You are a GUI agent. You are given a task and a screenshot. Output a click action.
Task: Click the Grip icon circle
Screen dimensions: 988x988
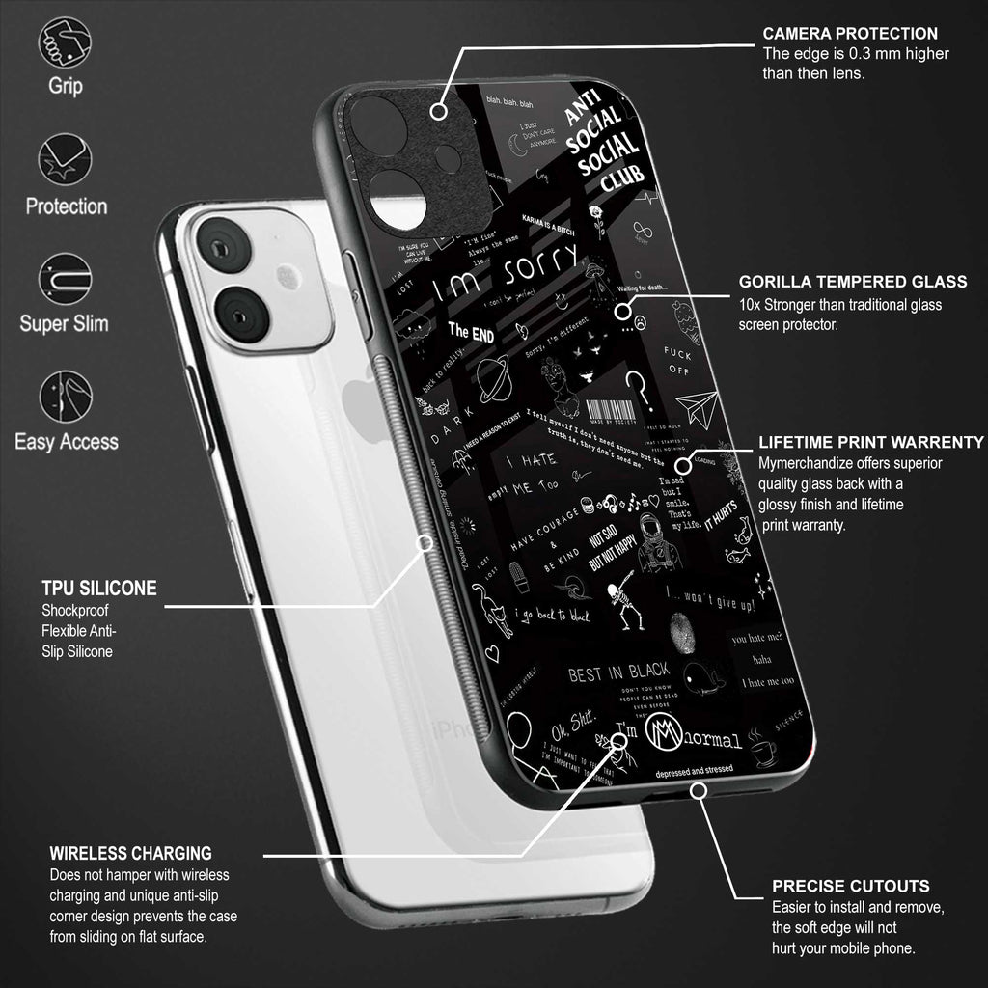coord(65,42)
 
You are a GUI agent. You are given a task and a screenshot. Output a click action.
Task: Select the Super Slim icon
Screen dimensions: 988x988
coord(65,279)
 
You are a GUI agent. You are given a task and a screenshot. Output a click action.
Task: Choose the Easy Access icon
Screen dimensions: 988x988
coord(65,397)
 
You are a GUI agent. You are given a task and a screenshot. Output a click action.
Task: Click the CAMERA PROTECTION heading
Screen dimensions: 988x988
coord(849,34)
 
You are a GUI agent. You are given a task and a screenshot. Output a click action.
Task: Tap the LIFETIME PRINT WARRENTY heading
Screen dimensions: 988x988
coord(870,442)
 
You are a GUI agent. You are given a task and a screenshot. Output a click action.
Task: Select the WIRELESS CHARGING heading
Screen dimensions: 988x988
coord(130,854)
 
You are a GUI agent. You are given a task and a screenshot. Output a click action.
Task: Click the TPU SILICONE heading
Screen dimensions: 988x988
coord(99,588)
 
